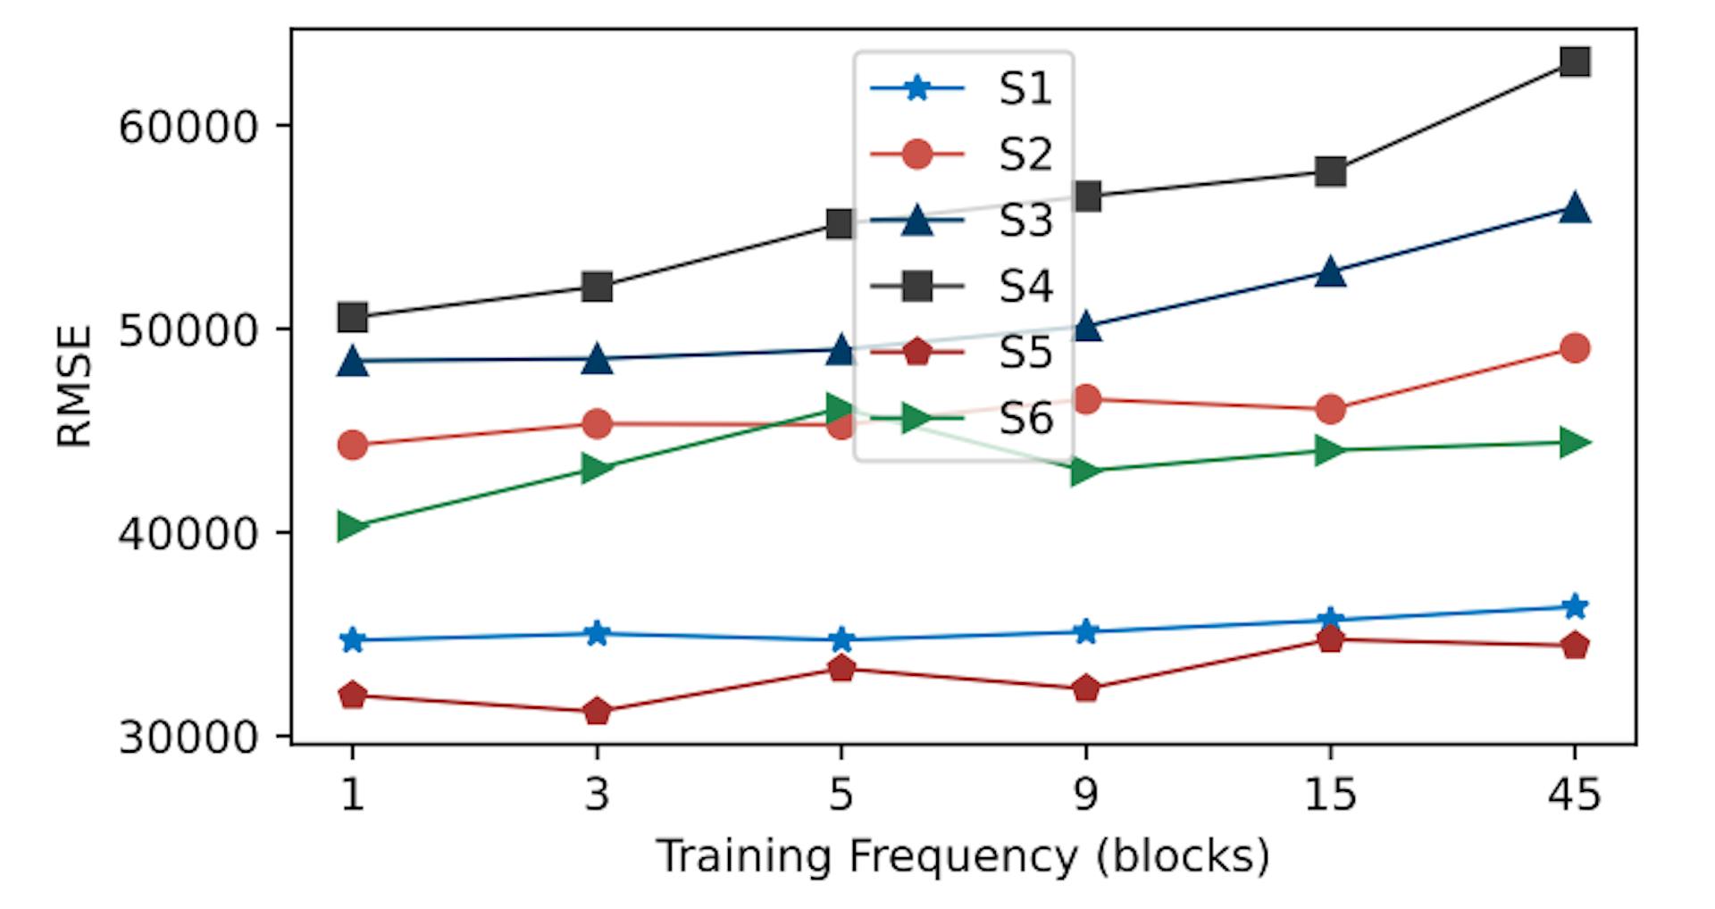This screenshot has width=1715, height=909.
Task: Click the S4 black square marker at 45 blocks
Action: point(1574,62)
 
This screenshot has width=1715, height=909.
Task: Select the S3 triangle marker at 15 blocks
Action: point(1330,271)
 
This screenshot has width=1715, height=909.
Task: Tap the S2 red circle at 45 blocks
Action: point(1574,347)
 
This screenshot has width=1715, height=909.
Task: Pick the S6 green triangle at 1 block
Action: point(352,527)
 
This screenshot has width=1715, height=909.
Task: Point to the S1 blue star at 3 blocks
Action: point(597,634)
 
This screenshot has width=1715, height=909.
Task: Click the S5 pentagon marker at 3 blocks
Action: point(597,712)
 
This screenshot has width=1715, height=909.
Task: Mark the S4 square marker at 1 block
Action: point(352,317)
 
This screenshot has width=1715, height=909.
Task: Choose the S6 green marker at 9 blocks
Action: point(1085,471)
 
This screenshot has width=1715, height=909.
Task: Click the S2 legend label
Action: point(1025,154)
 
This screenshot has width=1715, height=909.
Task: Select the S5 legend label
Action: point(1025,353)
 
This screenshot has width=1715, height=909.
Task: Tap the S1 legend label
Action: point(1025,88)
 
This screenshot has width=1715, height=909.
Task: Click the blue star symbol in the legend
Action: point(916,88)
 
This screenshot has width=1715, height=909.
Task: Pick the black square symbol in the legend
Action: point(916,287)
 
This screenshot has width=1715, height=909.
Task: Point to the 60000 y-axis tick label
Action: point(188,127)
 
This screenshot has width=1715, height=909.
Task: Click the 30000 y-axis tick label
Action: point(188,738)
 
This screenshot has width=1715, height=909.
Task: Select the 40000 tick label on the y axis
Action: point(188,534)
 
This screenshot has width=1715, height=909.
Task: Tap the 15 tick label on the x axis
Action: point(1330,794)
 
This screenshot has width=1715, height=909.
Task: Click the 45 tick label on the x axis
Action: point(1574,794)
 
